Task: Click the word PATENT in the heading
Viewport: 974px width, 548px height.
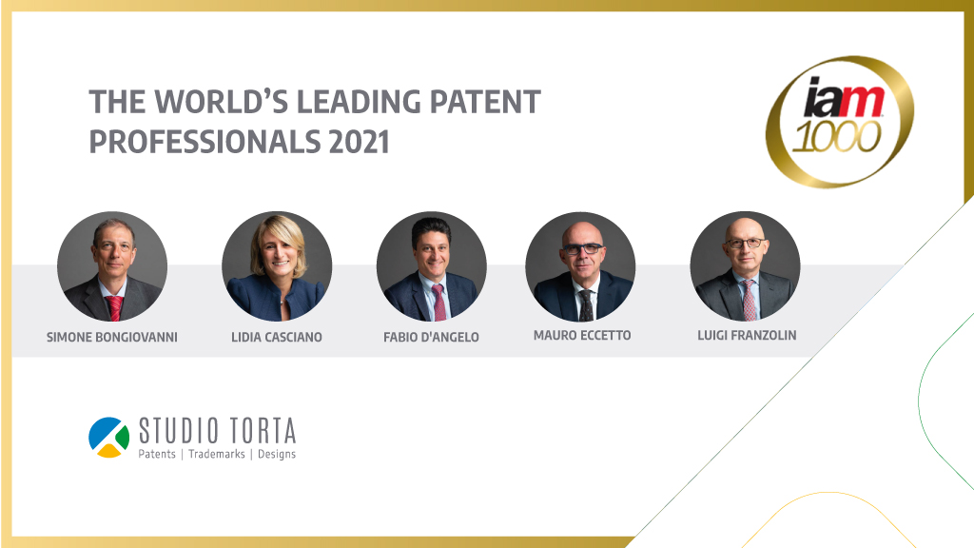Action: click(x=485, y=102)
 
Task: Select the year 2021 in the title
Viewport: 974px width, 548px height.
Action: click(x=359, y=142)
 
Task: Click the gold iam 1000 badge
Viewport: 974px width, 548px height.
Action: click(x=840, y=122)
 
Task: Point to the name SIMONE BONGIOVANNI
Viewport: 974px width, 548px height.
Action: click(x=112, y=337)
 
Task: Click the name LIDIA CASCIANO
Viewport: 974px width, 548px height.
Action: click(x=277, y=337)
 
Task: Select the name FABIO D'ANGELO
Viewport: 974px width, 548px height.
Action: click(x=431, y=337)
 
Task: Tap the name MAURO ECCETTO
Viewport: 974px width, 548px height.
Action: click(x=582, y=335)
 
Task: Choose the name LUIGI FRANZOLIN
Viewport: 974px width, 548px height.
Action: click(x=747, y=335)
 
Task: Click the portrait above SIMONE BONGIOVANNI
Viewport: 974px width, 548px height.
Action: click(x=112, y=266)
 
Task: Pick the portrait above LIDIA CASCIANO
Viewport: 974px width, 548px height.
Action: click(x=277, y=266)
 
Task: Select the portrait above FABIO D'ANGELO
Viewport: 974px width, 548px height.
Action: click(x=432, y=266)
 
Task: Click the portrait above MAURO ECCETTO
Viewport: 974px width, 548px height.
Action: click(x=580, y=266)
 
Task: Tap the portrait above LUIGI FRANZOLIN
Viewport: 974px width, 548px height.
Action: click(x=746, y=266)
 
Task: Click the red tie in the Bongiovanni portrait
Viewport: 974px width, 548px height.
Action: click(x=114, y=308)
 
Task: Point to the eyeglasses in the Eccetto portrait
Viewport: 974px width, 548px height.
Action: click(x=581, y=248)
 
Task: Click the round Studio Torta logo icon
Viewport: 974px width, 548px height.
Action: click(x=108, y=438)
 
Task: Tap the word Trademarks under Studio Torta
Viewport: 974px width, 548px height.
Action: click(x=217, y=454)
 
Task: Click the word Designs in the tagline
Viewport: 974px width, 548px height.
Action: click(x=277, y=455)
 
